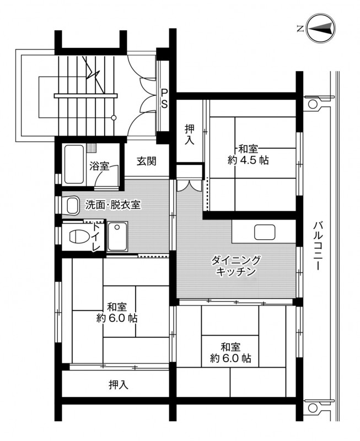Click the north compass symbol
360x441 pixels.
[321, 28]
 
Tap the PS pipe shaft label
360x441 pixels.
[164, 98]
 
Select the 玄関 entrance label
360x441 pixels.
[146, 161]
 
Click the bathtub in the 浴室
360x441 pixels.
[74, 164]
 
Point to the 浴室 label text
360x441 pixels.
[99, 166]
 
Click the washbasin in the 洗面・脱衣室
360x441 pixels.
[73, 205]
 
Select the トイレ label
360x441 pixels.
[96, 238]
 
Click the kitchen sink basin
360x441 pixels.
[265, 232]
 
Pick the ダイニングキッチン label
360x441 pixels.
[236, 266]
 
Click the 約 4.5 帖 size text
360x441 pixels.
[248, 160]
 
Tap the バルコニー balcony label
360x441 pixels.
[318, 246]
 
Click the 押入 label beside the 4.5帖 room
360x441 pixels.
[190, 135]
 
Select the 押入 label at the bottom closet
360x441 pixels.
[119, 384]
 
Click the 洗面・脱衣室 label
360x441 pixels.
[113, 205]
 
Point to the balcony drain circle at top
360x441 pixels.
[311, 104]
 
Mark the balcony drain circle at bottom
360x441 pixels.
[311, 407]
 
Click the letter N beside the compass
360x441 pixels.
[300, 29]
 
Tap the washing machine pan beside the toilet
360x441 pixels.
[117, 236]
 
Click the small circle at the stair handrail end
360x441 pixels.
[114, 117]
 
